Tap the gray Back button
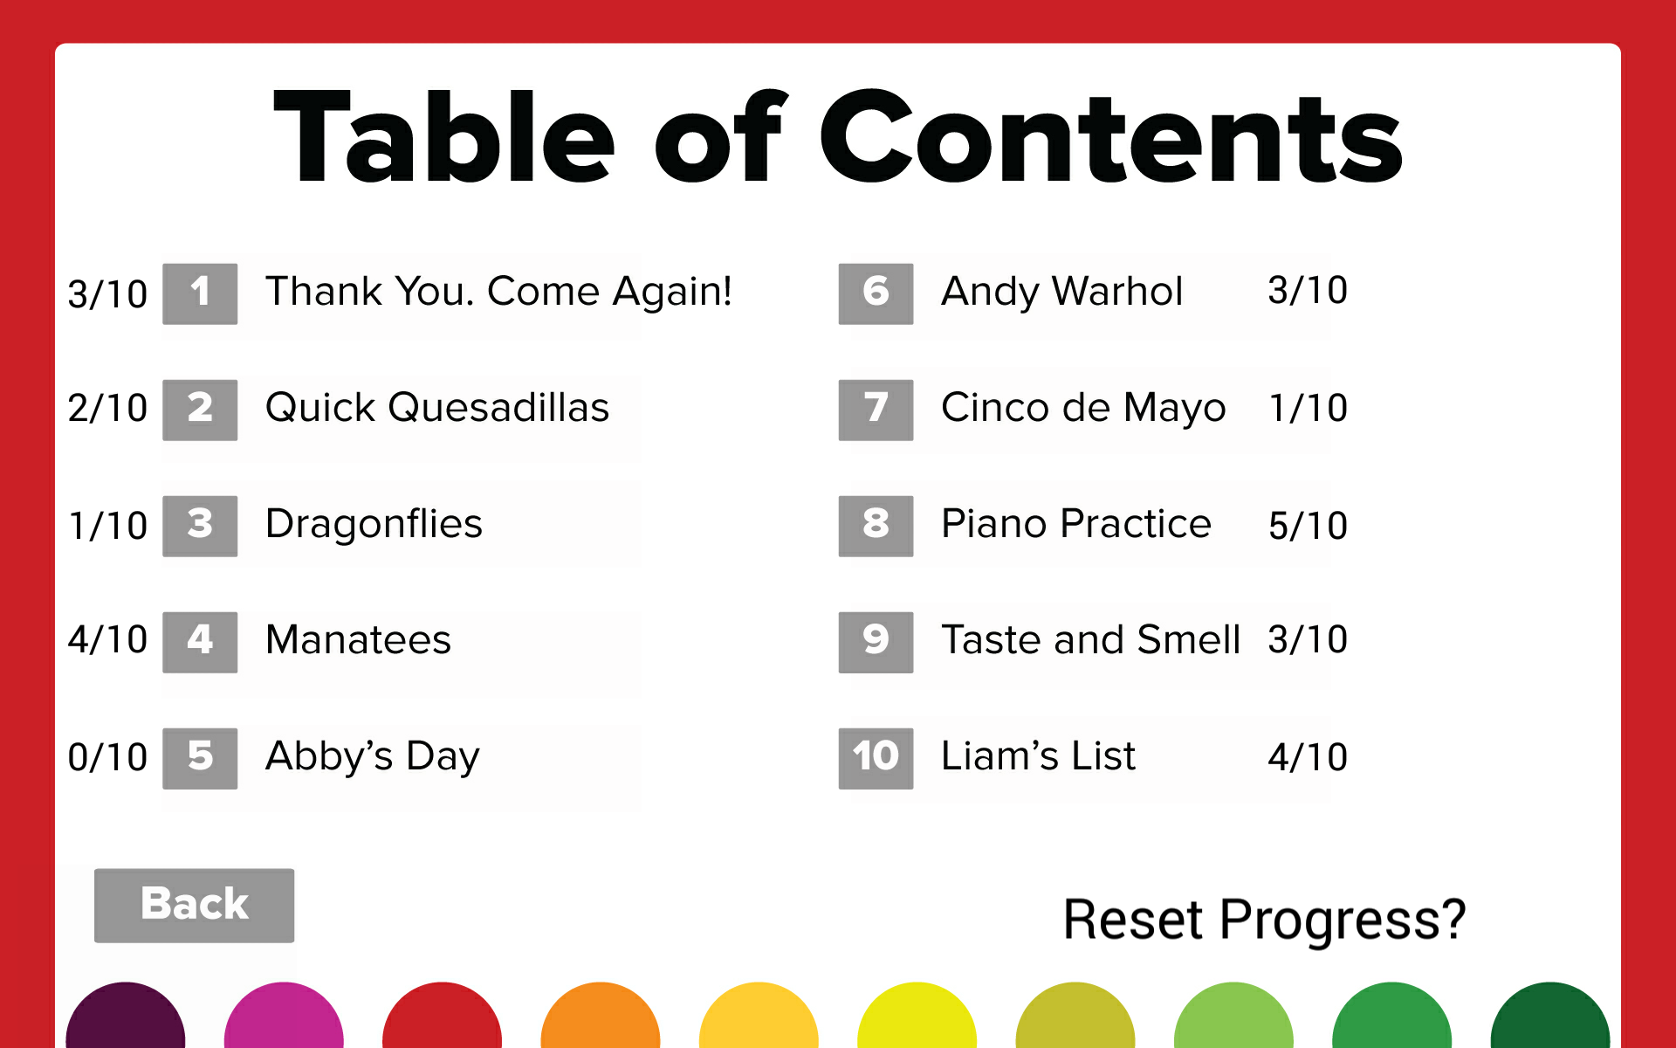tap(194, 905)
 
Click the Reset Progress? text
tap(1264, 920)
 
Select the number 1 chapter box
tap(200, 293)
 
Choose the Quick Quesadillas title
tap(436, 408)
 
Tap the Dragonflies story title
tap(374, 524)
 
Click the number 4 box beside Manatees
tap(200, 641)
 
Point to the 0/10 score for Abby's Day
tap(107, 757)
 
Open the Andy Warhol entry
tap(1061, 292)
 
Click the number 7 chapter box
tap(876, 409)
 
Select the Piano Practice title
tap(1075, 524)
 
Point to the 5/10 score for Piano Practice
tap(1308, 526)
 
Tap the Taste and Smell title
tap(1090, 640)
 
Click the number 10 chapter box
tap(876, 757)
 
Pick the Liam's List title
tap(1038, 756)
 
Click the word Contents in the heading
tap(1109, 140)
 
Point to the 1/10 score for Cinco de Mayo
tap(1308, 408)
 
